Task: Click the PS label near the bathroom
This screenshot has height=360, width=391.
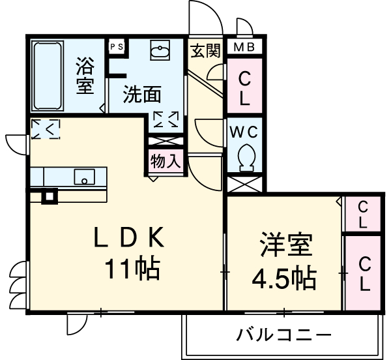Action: tap(117, 46)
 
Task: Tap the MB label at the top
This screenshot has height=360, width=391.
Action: tap(244, 47)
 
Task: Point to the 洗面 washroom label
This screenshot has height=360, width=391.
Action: tap(142, 95)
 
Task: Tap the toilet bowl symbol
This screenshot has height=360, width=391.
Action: tap(246, 157)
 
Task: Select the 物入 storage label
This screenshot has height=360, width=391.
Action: tap(165, 160)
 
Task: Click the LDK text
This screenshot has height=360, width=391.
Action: tap(128, 239)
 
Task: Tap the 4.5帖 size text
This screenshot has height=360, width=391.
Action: tap(285, 278)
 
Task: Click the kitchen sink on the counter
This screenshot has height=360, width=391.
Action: tap(83, 176)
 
